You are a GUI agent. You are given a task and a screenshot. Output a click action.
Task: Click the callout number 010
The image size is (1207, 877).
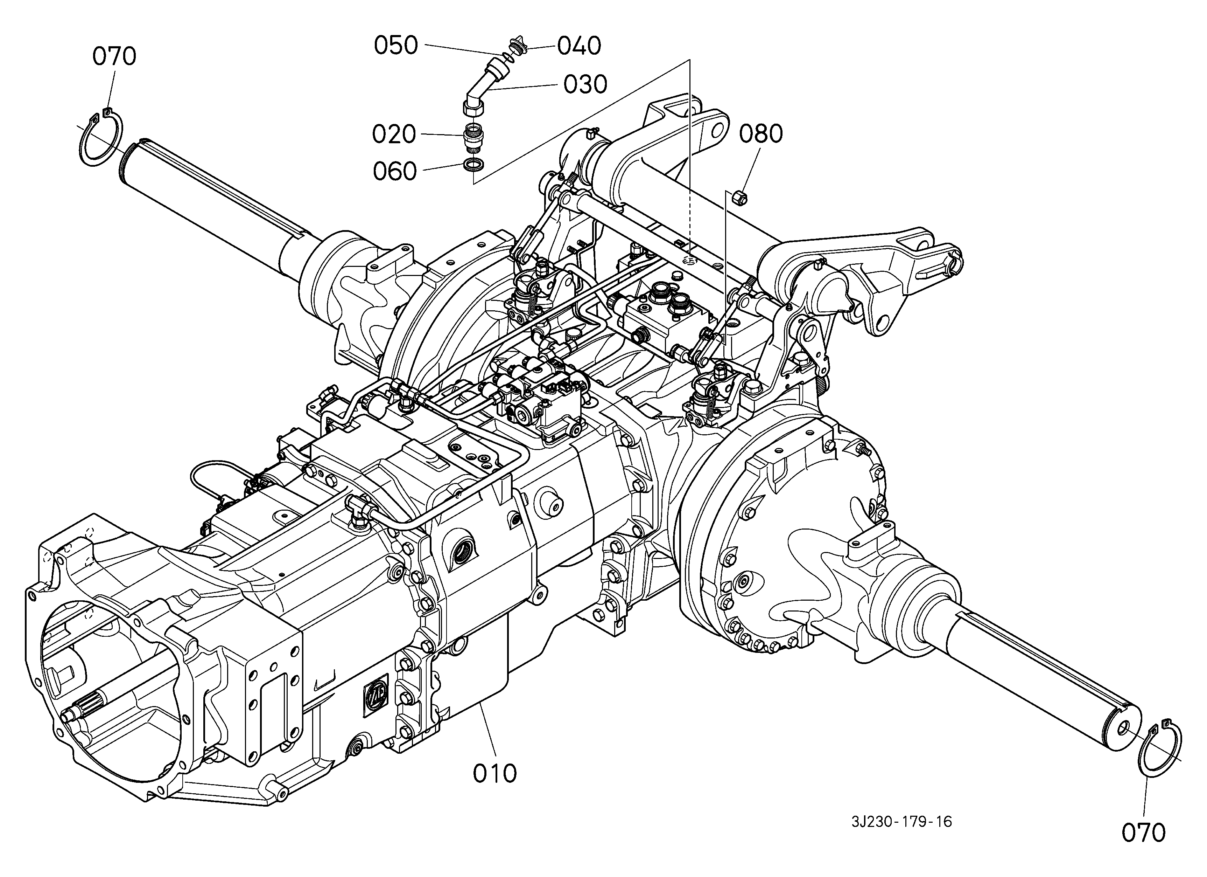coord(494,773)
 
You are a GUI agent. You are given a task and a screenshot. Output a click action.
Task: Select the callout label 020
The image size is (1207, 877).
coord(394,135)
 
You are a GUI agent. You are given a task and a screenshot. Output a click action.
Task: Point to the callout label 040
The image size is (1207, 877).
coord(579,46)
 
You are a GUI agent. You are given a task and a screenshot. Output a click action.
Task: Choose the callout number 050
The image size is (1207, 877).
coord(396,46)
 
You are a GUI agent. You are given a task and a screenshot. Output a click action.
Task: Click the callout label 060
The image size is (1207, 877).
coord(394,172)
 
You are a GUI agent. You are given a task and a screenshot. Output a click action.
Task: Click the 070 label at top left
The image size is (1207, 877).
coord(114,56)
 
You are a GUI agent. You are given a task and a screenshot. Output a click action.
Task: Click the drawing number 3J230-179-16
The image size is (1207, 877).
coord(901,822)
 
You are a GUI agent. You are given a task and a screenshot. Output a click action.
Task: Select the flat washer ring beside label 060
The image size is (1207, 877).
coord(473,165)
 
